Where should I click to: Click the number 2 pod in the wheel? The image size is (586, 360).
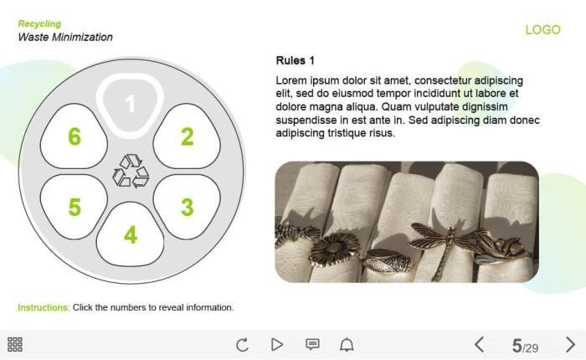tap(187, 136)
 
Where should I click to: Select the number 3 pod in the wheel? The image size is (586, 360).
tap(187, 207)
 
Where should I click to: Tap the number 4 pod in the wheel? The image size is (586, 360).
tap(130, 234)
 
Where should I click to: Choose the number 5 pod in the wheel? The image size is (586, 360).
tap(74, 207)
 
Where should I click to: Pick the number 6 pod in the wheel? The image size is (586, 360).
tap(74, 136)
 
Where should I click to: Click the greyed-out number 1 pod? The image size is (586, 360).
tap(130, 104)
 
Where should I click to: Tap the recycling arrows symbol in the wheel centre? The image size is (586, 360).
tap(131, 172)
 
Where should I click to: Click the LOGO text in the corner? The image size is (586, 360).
tap(543, 29)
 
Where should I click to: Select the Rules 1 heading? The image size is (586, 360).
tap(296, 60)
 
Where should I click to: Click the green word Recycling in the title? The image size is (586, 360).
tap(39, 23)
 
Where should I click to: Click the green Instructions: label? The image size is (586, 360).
tap(44, 307)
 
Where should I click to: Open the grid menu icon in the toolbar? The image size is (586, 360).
tap(15, 344)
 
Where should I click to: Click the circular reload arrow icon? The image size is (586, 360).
tap(242, 344)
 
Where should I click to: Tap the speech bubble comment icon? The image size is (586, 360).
tap(312, 344)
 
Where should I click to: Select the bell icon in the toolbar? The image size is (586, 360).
tap(347, 344)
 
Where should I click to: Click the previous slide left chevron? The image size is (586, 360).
tap(480, 344)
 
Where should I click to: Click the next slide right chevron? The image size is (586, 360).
tap(570, 344)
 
